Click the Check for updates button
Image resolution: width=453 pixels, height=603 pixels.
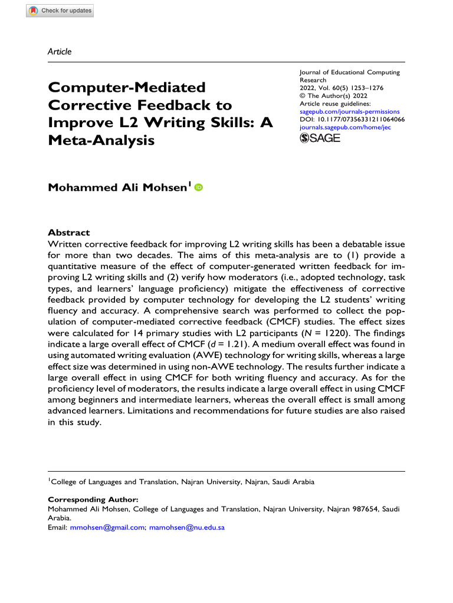click(60, 11)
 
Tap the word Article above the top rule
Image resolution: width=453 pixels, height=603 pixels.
click(59, 51)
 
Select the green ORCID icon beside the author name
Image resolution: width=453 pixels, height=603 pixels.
click(198, 188)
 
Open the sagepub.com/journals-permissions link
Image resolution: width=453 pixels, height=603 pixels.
click(350, 111)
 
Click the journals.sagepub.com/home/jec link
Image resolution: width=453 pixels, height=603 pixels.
click(352, 126)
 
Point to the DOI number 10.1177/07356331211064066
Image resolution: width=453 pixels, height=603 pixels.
click(360, 118)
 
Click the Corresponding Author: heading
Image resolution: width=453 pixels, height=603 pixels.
click(93, 499)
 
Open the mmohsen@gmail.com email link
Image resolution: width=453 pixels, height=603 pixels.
click(107, 528)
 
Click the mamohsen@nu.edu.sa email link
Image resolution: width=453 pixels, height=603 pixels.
click(187, 528)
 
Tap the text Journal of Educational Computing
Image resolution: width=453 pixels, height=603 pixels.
click(350, 72)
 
